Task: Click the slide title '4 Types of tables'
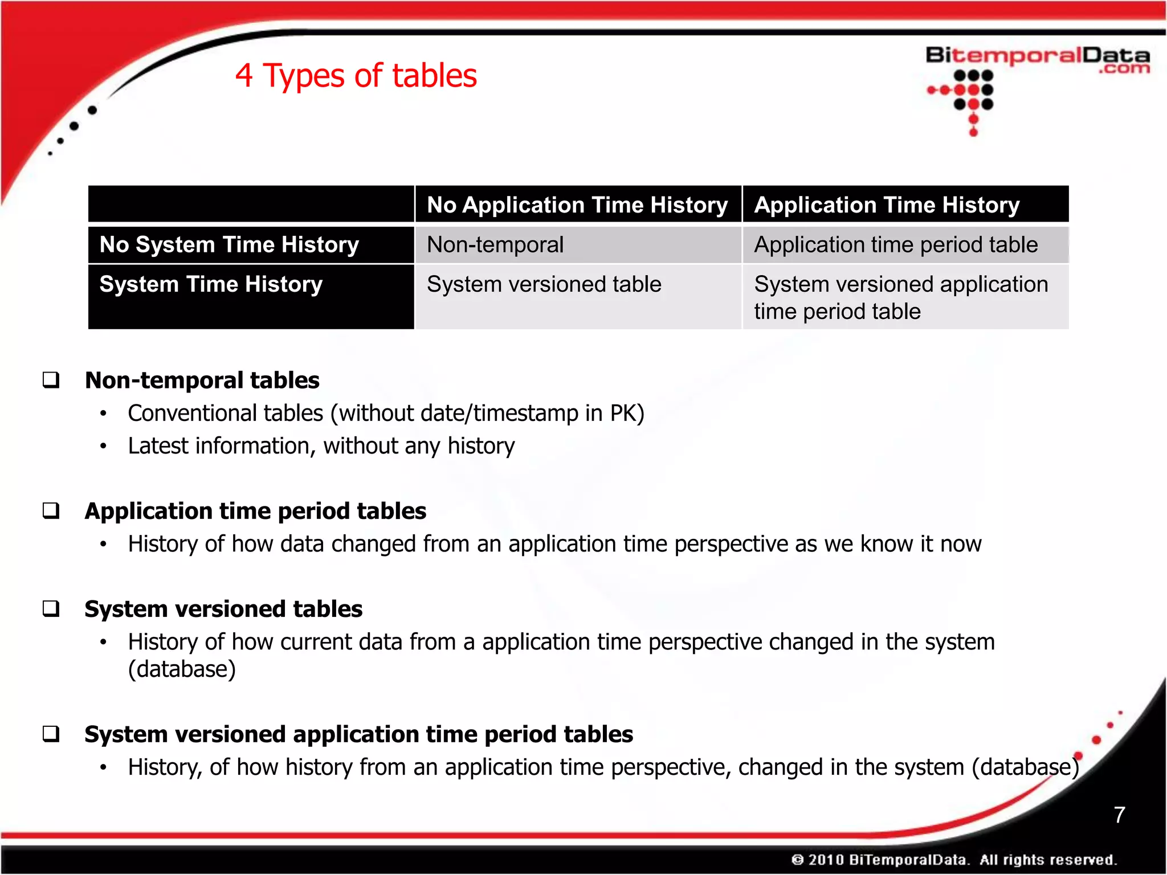[x=356, y=76]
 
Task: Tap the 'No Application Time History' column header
[x=577, y=205]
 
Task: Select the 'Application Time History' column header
[x=887, y=205]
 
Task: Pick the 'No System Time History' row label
[x=229, y=245]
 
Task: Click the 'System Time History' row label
[x=211, y=284]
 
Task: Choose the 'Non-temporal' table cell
[x=495, y=245]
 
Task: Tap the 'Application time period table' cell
[x=896, y=245]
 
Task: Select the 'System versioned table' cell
[x=544, y=284]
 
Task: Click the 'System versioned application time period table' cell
[x=900, y=297]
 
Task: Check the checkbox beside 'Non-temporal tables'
[x=51, y=380]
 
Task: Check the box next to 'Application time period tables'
[x=51, y=510]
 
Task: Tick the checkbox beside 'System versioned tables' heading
[x=51, y=608]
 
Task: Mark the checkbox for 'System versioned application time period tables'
[x=51, y=734]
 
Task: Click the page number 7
[x=1119, y=815]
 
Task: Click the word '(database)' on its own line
[x=182, y=669]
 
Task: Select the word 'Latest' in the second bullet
[x=158, y=446]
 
